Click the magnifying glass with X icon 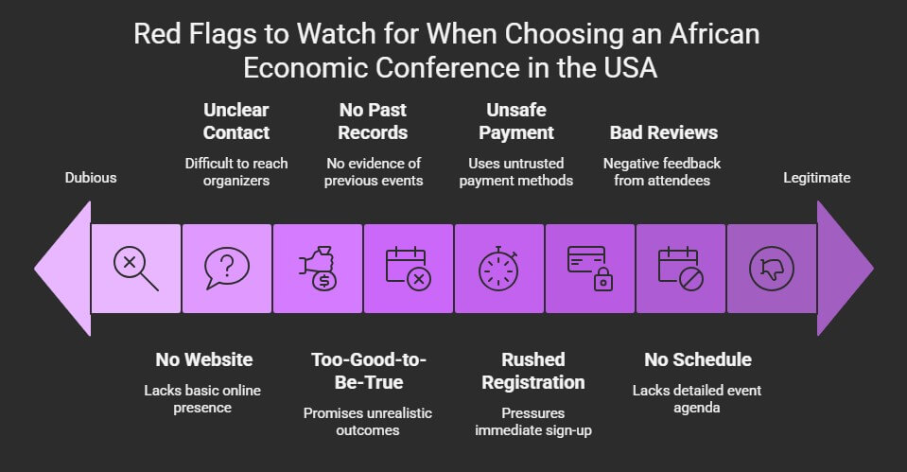[x=136, y=269]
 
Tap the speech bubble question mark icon [x=227, y=269]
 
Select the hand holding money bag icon [x=318, y=269]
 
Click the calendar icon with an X [x=409, y=269]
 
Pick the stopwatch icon [x=498, y=269]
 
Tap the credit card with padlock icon [x=589, y=269]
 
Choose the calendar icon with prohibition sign [x=680, y=269]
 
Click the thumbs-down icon [x=772, y=269]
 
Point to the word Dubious [x=91, y=178]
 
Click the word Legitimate [x=817, y=178]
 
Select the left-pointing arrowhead [x=62, y=269]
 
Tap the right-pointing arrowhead [x=846, y=269]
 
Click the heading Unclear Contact [x=236, y=121]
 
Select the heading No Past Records [x=373, y=121]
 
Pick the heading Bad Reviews [x=664, y=132]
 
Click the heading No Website [x=204, y=359]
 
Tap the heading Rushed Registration [x=533, y=371]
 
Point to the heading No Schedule [x=698, y=359]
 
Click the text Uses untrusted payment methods [x=516, y=172]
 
